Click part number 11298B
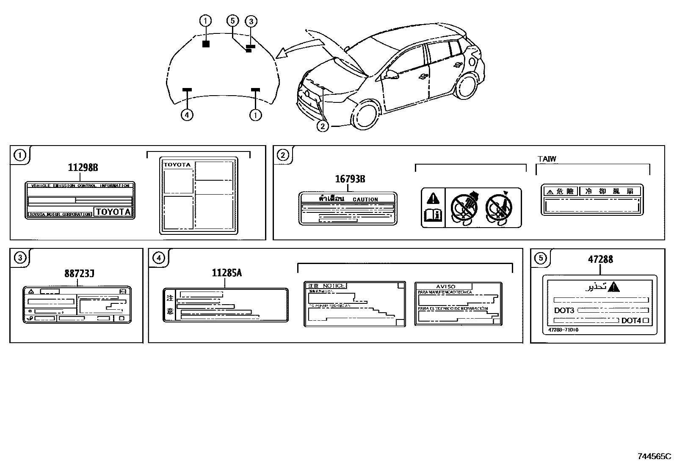83,168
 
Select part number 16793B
350,179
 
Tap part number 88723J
79,274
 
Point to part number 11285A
227,273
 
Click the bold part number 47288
600,259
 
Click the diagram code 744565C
654,457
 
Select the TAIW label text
547,159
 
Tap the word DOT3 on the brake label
564,311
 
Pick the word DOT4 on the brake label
631,321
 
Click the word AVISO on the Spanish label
445,286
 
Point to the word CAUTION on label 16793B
365,199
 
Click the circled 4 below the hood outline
187,115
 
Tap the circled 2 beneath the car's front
323,126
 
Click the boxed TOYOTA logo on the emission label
113,212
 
